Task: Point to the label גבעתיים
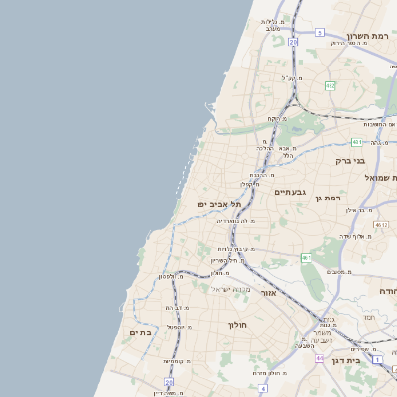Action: (289, 192)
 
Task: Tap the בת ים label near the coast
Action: (140, 332)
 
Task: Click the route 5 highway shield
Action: (319, 33)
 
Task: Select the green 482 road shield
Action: (330, 86)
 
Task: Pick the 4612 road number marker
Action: (381, 225)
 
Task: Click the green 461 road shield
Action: (306, 258)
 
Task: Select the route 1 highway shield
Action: (377, 359)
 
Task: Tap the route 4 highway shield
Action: (263, 387)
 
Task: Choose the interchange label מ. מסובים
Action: (337, 271)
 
